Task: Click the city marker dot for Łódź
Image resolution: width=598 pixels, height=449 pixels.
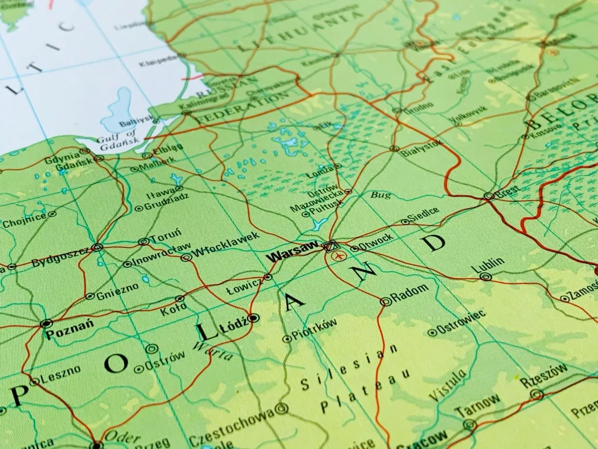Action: (253, 318)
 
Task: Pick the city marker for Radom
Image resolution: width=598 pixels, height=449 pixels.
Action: (386, 302)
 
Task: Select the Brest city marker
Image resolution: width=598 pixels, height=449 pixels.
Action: (488, 196)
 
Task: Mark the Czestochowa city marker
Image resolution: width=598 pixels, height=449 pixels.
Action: (281, 408)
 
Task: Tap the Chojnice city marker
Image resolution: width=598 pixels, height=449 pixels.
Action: (52, 214)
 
